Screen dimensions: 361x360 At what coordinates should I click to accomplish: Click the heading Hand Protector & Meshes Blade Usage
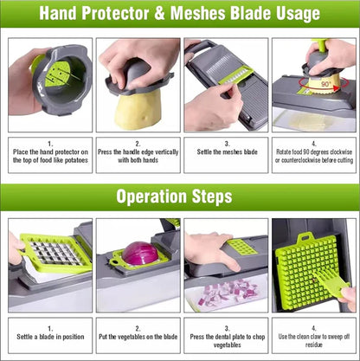point(180,14)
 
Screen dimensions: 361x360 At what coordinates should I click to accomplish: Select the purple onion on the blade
point(140,253)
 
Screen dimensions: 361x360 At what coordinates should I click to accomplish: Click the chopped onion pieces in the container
point(227,293)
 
